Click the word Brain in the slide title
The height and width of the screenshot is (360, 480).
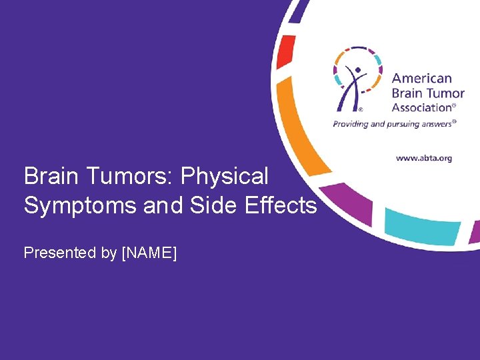point(50,177)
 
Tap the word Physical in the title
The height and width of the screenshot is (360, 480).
point(225,177)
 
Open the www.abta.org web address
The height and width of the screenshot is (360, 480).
point(424,158)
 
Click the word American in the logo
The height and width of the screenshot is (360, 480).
point(421,79)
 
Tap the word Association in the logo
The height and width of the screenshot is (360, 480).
point(421,107)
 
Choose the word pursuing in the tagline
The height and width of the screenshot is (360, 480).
point(401,123)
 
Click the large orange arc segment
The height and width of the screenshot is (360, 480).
point(296,127)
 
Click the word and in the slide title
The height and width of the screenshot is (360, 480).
point(158,205)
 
